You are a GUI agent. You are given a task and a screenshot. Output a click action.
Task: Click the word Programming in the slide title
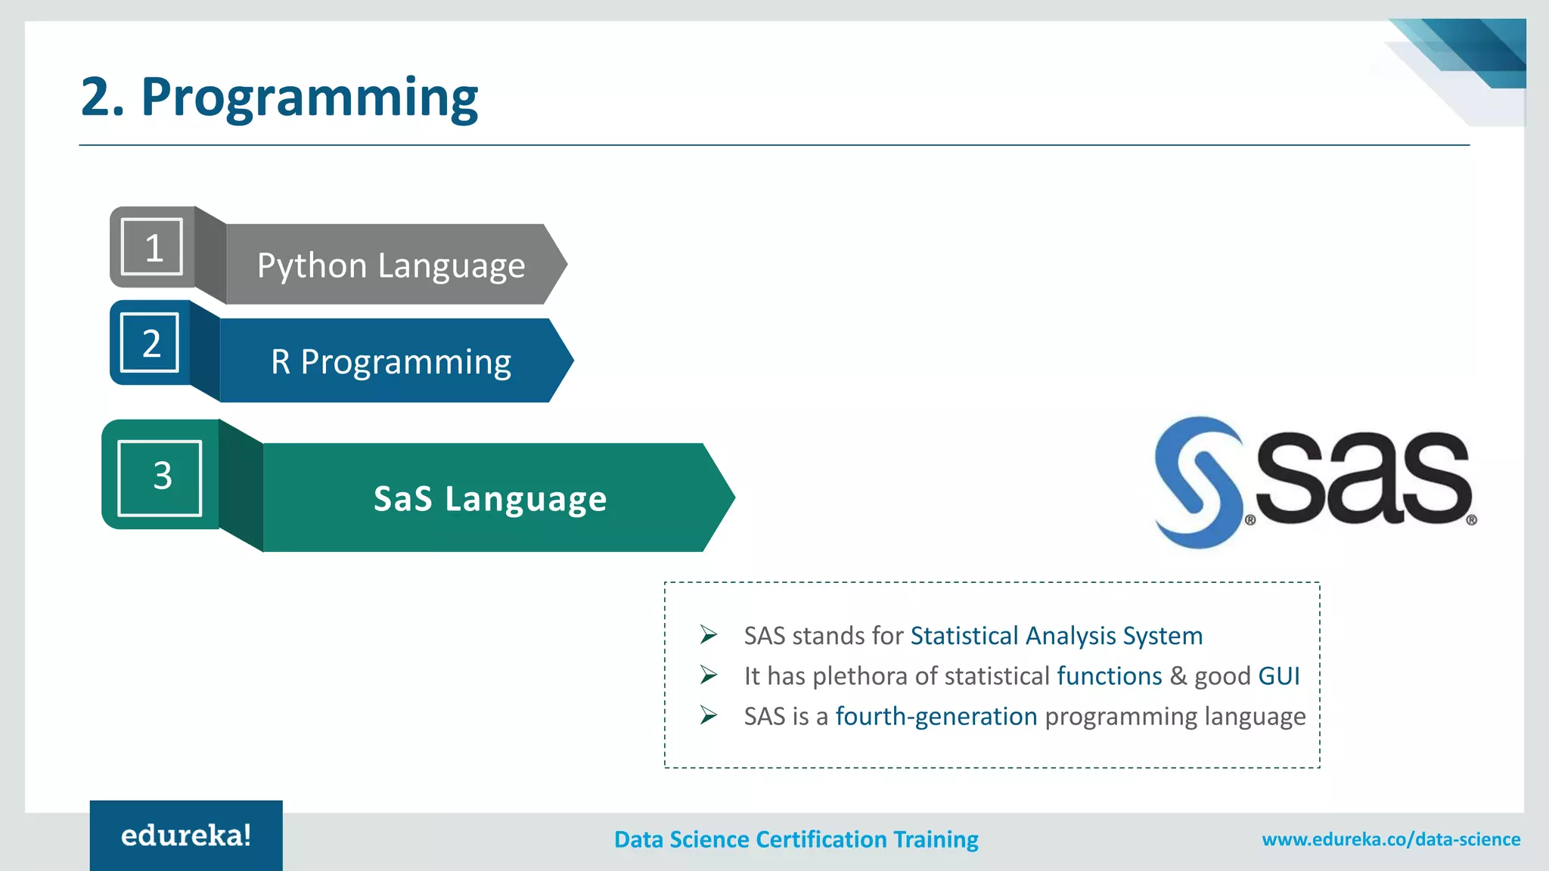(x=309, y=98)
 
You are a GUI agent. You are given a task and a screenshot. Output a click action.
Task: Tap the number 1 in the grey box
(x=154, y=248)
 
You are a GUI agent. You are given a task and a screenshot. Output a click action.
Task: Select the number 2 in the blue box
(x=151, y=343)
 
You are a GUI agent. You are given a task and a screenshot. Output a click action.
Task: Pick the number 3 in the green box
(x=162, y=476)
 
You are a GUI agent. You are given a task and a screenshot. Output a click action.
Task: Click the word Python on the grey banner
(x=312, y=266)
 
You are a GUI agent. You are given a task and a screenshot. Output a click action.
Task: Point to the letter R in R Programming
(x=281, y=361)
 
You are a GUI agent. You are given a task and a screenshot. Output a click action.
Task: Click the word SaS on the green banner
(x=402, y=499)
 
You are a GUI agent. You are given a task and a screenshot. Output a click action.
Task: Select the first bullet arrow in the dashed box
(x=708, y=634)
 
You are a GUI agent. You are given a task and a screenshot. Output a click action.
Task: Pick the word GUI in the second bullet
(x=1278, y=676)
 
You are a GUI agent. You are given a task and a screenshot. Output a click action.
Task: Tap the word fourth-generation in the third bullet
(x=936, y=716)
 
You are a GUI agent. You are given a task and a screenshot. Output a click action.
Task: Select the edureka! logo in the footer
(x=186, y=835)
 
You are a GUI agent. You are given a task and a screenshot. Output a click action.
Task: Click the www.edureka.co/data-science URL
(x=1390, y=839)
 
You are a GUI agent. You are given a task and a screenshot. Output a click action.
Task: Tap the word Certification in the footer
(x=821, y=839)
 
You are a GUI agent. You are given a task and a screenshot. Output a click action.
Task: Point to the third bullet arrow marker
(x=708, y=715)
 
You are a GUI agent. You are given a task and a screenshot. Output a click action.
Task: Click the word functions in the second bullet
(x=1109, y=676)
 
